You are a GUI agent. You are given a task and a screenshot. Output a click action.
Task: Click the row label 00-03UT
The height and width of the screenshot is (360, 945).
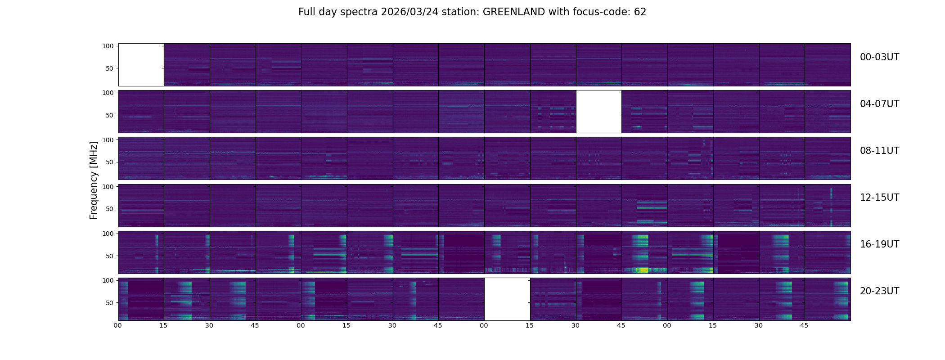tap(879, 57)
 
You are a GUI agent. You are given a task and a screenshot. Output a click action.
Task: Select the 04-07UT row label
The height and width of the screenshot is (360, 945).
tap(879, 104)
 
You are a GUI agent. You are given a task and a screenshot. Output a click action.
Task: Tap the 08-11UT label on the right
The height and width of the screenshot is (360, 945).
tap(879, 151)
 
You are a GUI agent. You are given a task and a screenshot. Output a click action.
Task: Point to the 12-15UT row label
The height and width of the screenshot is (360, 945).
tap(879, 198)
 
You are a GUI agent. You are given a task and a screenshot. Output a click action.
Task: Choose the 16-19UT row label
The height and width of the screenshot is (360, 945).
tap(879, 244)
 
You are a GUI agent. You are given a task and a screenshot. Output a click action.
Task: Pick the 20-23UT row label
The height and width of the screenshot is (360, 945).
tap(879, 291)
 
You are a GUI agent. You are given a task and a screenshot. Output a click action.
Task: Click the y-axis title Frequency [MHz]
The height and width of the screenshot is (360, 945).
tap(94, 180)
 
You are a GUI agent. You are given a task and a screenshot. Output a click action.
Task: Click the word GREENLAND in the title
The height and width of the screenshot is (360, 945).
tap(513, 12)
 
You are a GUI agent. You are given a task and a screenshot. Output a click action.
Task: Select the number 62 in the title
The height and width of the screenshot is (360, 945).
tap(640, 12)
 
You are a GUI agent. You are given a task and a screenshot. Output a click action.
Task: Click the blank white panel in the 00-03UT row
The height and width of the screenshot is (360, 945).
tap(141, 65)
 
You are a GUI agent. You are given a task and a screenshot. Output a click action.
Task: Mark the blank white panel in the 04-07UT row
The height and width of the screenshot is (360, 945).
tap(598, 112)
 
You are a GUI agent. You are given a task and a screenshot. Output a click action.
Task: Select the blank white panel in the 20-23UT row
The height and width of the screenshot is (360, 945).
tap(507, 299)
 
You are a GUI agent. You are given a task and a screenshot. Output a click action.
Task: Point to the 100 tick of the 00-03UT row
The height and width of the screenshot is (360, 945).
tap(108, 46)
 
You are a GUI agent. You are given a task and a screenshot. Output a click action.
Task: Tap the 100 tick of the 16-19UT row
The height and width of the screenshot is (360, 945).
tap(108, 234)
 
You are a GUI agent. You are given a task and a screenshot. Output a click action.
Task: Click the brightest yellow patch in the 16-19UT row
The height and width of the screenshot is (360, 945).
tap(644, 270)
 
